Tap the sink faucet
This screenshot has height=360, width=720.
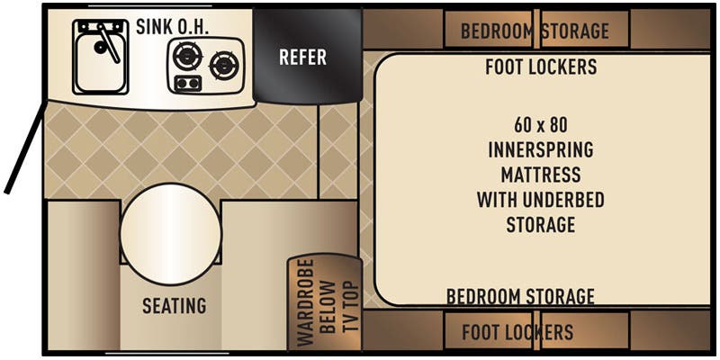point(109,40)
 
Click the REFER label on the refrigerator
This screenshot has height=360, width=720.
point(302,58)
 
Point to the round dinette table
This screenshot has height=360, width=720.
point(171,232)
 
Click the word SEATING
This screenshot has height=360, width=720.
point(174,306)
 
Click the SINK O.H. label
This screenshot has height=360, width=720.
point(173,26)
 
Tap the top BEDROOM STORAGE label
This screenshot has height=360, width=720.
point(535,31)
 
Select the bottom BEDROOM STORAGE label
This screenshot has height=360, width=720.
point(520,296)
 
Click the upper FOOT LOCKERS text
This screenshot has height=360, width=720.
point(540,67)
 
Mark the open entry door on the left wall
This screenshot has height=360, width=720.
point(23,149)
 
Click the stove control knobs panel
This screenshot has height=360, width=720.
point(187,84)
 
